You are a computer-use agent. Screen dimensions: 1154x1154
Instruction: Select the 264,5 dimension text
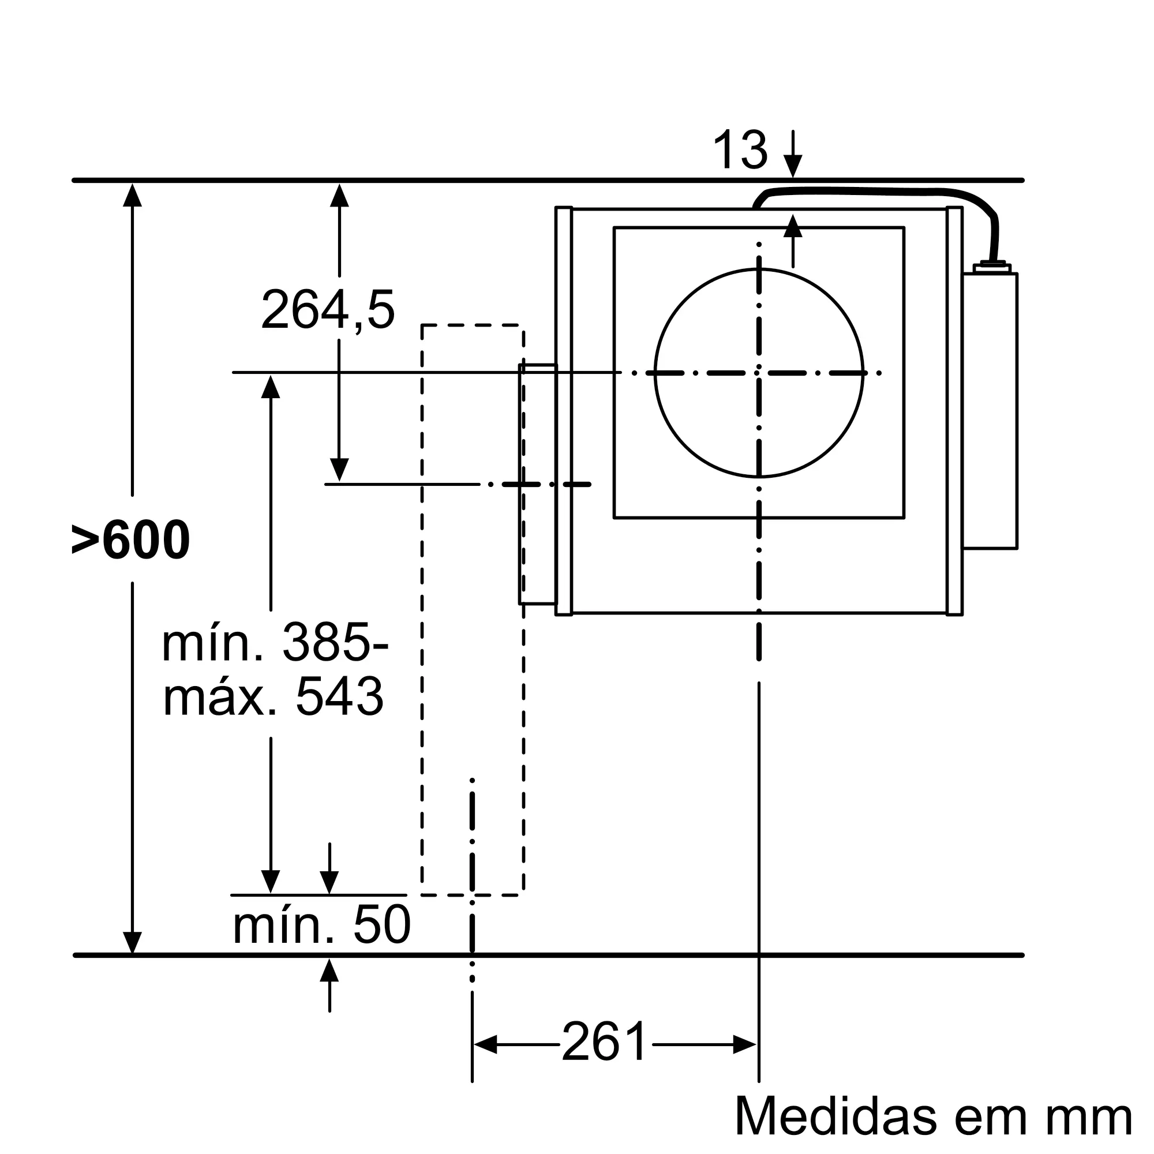328,309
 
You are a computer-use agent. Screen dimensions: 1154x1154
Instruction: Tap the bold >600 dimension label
130,540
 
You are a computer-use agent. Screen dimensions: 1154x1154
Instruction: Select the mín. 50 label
321,924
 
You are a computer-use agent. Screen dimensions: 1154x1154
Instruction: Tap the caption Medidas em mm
933,1116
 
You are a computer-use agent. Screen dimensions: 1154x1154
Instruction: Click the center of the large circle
759,373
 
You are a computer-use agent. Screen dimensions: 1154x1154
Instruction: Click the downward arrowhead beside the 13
793,166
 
